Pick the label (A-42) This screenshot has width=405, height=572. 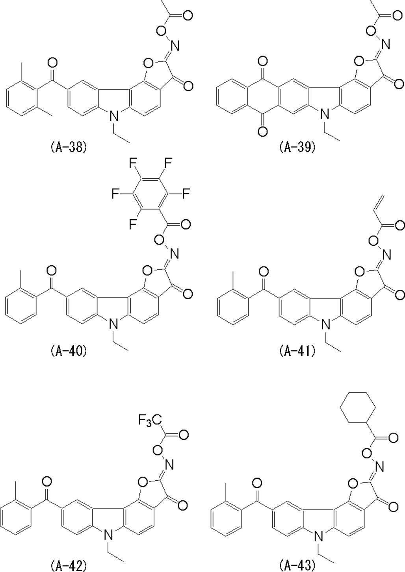coord(69,566)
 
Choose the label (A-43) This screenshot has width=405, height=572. coord(297,566)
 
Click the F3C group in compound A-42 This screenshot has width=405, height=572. coord(150,421)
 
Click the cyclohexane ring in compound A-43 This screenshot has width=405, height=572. coord(358,409)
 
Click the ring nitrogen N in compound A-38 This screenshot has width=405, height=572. coord(114,115)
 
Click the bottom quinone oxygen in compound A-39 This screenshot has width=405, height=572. coord(262,131)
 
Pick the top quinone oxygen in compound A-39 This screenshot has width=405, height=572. coord(262,61)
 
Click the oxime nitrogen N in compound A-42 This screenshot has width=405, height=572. coord(169,465)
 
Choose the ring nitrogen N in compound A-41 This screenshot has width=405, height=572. coord(325,324)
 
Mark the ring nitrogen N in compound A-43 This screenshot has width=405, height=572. coord(319,536)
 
